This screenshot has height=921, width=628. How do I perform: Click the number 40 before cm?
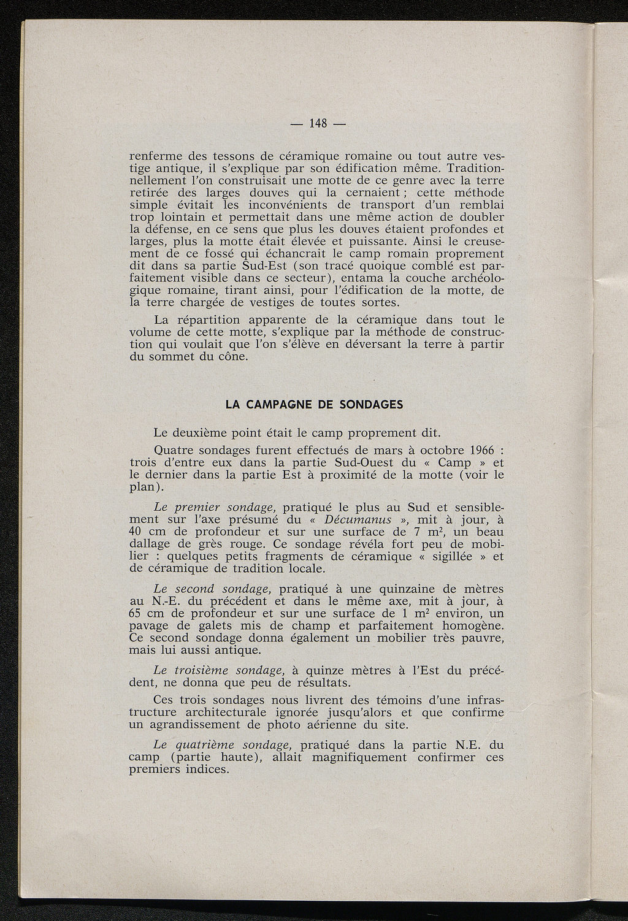[x=138, y=532]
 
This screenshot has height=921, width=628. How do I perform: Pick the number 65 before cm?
[x=138, y=614]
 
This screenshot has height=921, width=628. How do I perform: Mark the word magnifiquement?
[x=359, y=757]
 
